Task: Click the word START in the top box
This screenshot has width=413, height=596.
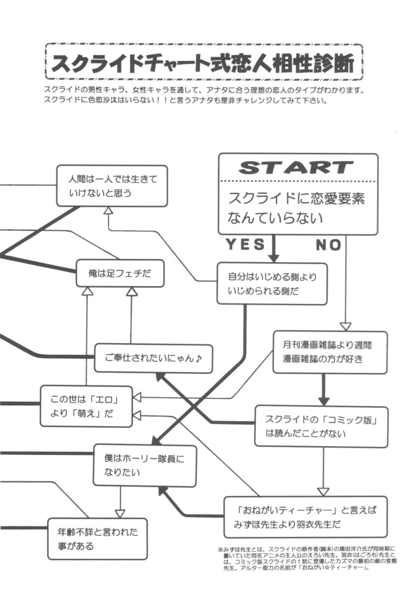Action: click(x=296, y=167)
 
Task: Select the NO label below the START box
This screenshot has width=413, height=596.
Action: click(x=329, y=244)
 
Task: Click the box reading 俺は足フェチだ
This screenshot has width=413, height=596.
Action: click(x=120, y=273)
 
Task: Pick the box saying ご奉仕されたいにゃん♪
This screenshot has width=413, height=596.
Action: click(x=154, y=358)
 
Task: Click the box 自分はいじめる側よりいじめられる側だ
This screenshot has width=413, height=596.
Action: click(x=272, y=284)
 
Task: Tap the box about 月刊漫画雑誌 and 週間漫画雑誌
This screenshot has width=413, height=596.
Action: click(x=330, y=352)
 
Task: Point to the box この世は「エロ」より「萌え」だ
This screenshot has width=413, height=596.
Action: click(x=86, y=406)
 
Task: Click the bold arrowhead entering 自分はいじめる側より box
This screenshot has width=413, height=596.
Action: click(x=273, y=258)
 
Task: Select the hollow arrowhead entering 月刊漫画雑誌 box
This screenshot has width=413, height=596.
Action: click(x=345, y=326)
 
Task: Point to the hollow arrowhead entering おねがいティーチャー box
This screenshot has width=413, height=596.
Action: click(x=324, y=491)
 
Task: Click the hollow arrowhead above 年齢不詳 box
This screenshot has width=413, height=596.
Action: click(x=120, y=513)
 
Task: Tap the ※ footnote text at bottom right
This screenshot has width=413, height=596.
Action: click(x=307, y=559)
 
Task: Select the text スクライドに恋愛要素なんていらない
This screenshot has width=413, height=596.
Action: click(x=297, y=208)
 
